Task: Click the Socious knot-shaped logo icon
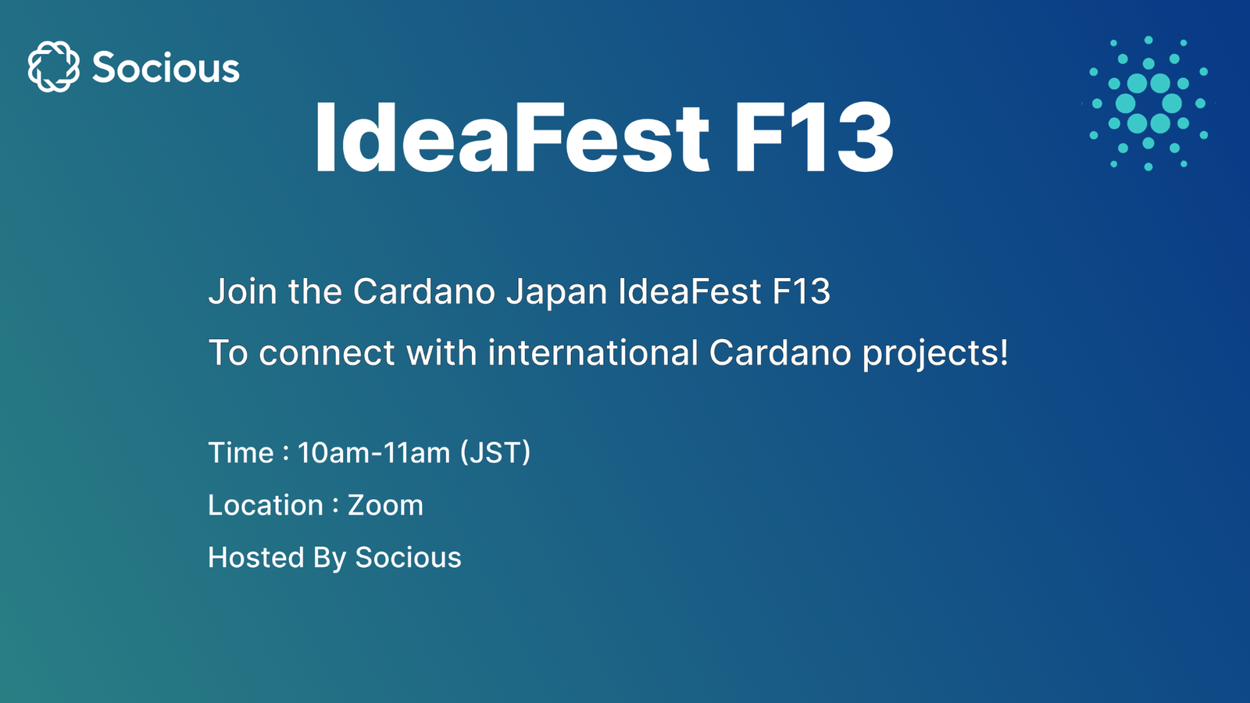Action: [x=53, y=66]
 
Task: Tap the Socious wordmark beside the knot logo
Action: [x=166, y=67]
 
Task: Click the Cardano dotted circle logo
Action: [x=1148, y=102]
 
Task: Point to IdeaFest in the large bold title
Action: [x=512, y=138]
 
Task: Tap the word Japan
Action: [x=556, y=292]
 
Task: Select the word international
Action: [x=592, y=353]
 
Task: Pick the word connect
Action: [x=327, y=353]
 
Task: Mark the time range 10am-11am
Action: [x=373, y=453]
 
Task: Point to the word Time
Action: [x=241, y=453]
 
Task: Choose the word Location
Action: [x=266, y=505]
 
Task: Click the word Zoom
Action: [x=385, y=505]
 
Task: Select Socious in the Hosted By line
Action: [x=408, y=558]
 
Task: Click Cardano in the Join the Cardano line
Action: [x=424, y=292]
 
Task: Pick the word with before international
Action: [x=441, y=353]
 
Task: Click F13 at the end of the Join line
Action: [x=801, y=292]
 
